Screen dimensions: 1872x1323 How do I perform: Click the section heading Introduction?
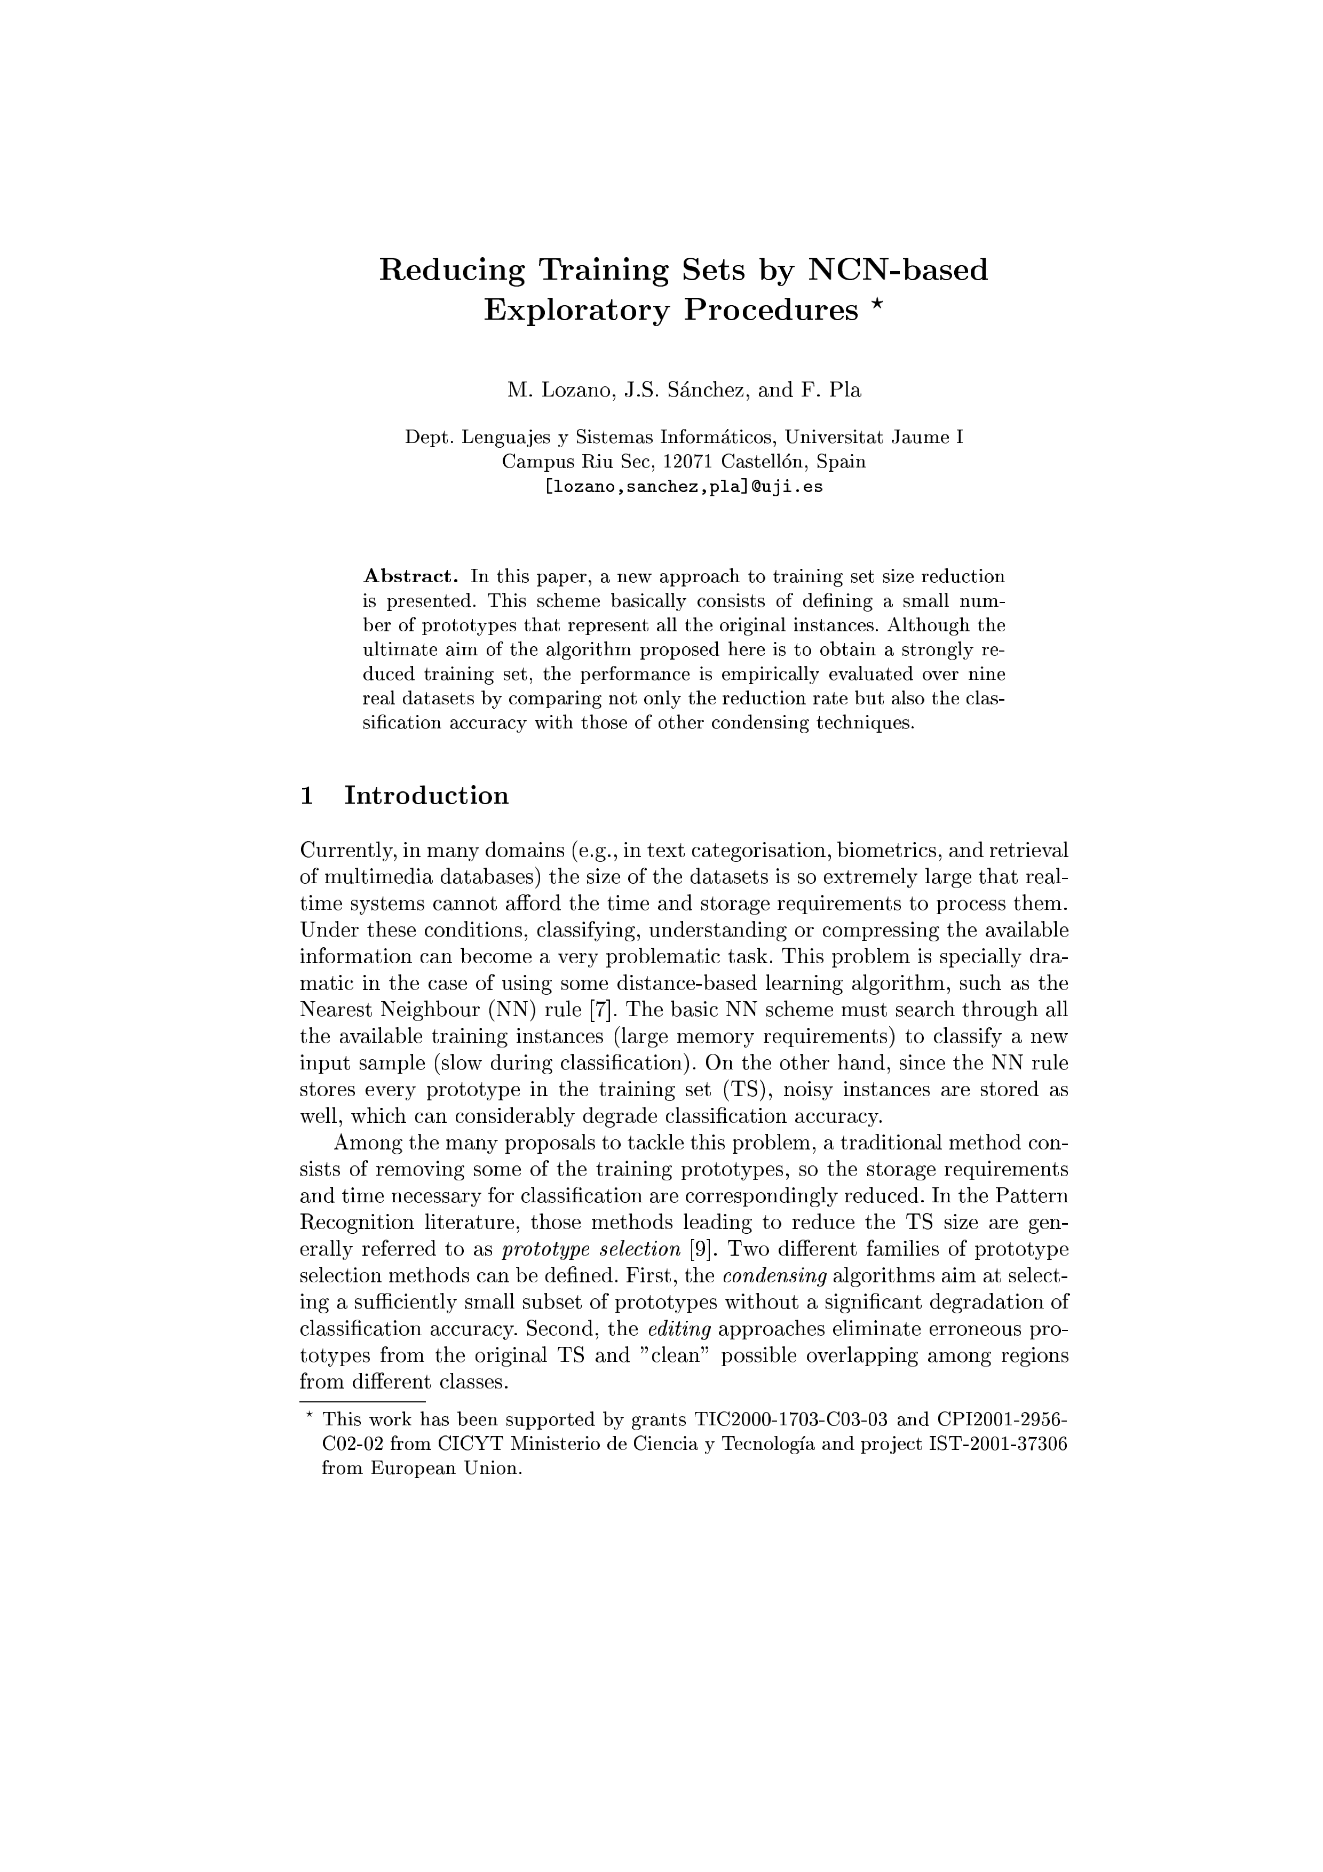(x=426, y=795)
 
